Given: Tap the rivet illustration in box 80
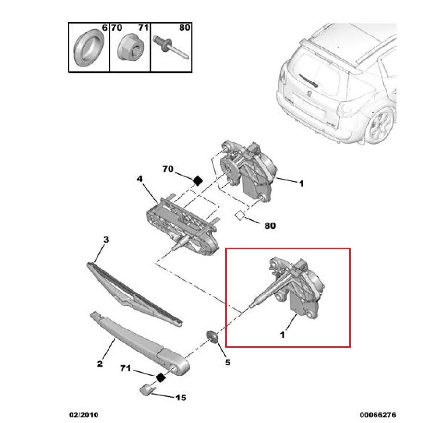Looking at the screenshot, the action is tap(170, 47).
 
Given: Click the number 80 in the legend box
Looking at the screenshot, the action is tap(184, 27).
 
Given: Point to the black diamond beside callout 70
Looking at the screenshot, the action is tap(198, 181).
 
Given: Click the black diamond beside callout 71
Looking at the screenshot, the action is tap(161, 377).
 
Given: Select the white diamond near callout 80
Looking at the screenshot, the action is tap(240, 215).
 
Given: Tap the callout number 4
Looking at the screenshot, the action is tap(139, 179).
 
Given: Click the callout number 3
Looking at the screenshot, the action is tap(106, 239).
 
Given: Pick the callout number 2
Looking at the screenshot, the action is tap(100, 364).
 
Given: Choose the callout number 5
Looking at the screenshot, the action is tap(228, 363).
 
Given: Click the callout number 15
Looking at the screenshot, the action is tap(181, 398).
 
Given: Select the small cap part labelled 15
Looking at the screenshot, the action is tap(146, 390).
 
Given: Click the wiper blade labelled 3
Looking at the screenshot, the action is tap(134, 294).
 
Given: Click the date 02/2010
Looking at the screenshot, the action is tap(84, 415).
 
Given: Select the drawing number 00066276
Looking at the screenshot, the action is tap(378, 415).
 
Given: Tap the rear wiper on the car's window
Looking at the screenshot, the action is tap(309, 81).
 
